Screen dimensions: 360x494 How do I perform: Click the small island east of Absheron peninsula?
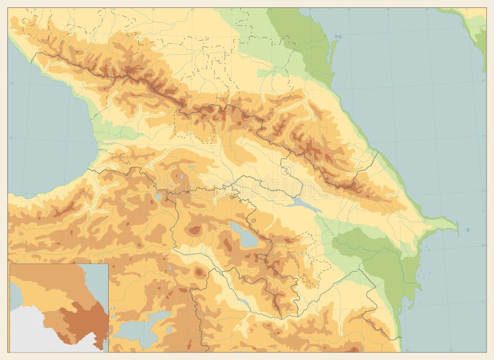[x=467, y=230]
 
